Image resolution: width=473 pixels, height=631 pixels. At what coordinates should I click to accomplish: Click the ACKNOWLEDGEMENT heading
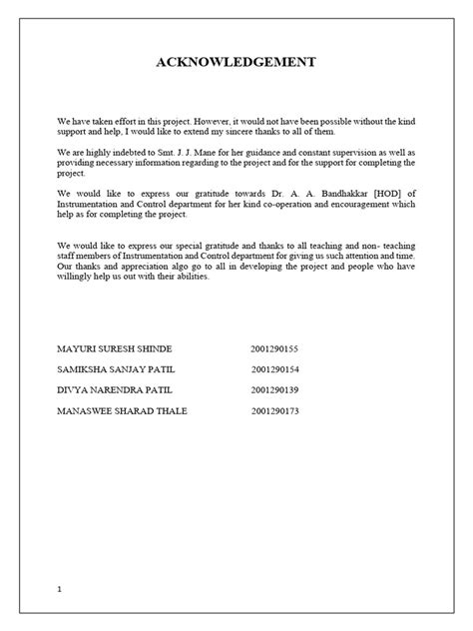[x=236, y=63]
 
